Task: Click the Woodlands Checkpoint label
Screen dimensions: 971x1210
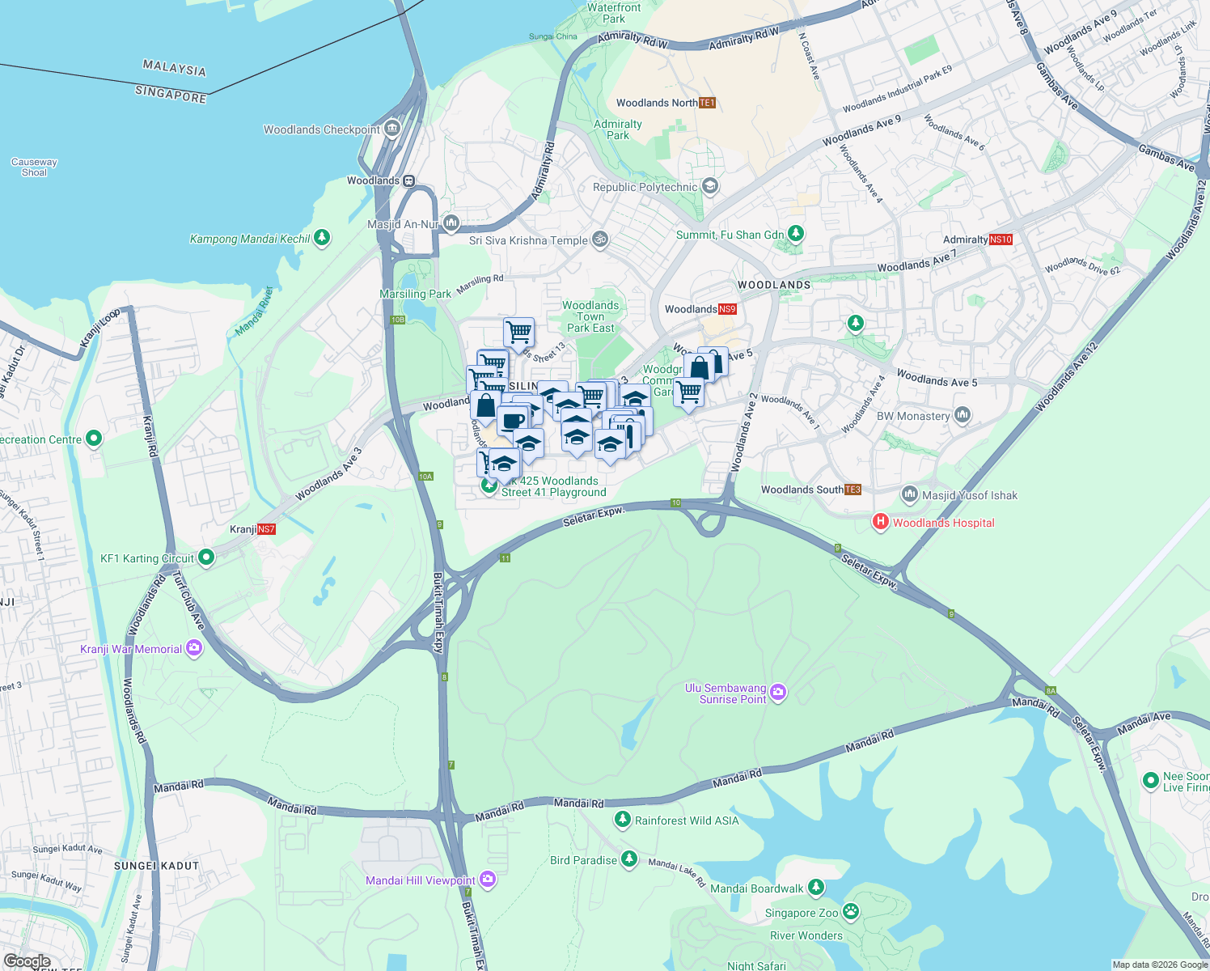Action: point(322,129)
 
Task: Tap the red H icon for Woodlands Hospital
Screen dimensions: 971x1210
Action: point(880,523)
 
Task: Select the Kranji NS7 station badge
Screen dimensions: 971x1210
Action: point(266,530)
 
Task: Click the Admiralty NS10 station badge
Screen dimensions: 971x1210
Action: point(1001,240)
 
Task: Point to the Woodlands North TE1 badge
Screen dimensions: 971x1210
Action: point(707,103)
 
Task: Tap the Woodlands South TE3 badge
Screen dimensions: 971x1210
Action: point(852,490)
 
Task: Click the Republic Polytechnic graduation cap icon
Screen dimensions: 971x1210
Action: point(710,187)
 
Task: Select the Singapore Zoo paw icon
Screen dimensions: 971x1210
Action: point(851,912)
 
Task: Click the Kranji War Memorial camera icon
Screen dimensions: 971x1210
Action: point(194,649)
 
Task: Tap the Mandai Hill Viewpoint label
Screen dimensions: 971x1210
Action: point(421,880)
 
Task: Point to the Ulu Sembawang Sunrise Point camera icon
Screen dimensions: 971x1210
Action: point(778,692)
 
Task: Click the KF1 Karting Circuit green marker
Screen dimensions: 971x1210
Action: point(206,557)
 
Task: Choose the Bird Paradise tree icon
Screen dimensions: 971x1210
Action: point(629,859)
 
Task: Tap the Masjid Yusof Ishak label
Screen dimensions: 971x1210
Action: point(970,495)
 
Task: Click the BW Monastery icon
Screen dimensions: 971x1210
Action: point(962,415)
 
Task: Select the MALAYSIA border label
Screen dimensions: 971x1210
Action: point(174,69)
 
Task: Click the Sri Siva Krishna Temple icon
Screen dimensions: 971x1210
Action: point(600,240)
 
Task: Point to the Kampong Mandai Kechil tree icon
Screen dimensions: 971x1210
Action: point(322,238)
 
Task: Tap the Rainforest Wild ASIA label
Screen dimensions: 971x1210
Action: point(687,820)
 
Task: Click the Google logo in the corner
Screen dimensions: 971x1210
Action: point(27,961)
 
